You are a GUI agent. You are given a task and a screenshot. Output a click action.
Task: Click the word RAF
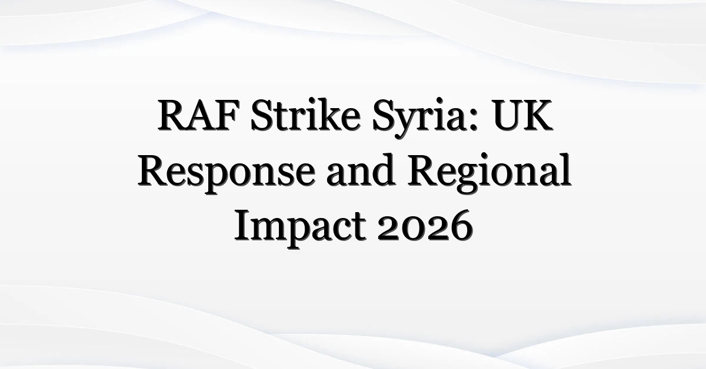point(198,115)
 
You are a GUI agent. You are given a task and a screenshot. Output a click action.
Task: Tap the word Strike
point(306,115)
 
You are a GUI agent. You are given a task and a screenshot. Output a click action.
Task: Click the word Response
point(227,174)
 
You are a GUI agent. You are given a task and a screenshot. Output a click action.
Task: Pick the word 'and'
point(361,170)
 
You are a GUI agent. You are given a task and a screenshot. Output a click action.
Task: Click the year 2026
point(425,226)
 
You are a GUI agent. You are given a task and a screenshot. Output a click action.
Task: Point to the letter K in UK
point(537,115)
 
